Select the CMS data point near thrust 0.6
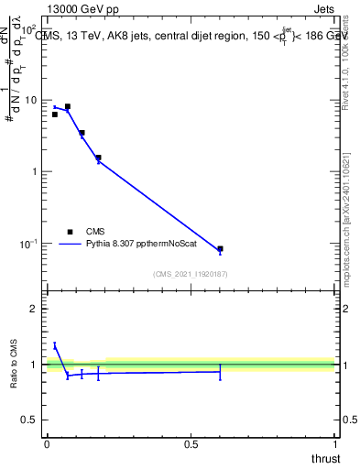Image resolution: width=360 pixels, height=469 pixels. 220,248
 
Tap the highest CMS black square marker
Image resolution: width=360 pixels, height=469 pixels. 68,106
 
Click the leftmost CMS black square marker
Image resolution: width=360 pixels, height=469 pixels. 55,115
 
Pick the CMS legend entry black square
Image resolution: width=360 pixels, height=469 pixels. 70,232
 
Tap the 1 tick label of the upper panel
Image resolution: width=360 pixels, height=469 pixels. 34,171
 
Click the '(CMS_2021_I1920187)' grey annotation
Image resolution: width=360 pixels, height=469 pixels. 190,274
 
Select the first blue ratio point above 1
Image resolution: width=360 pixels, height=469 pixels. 55,345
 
